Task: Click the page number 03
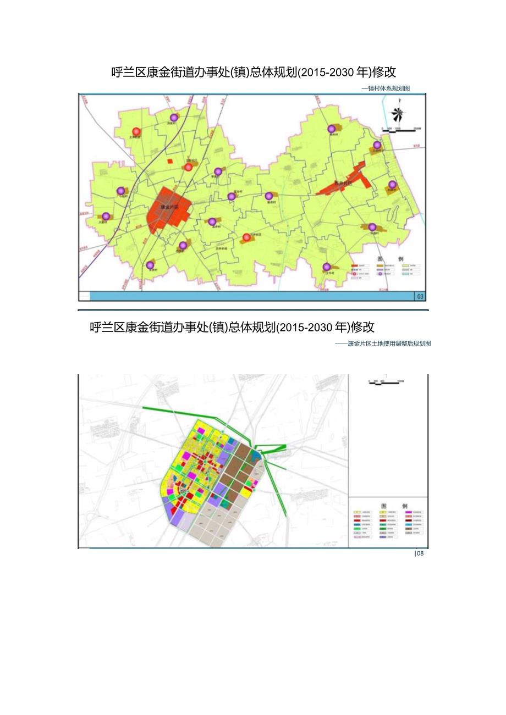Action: pos(421,297)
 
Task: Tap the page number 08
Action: pos(420,553)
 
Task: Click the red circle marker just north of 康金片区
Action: pos(188,167)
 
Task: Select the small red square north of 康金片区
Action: pos(170,162)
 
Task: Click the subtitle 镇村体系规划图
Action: pos(388,88)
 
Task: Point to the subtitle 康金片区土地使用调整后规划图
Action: pos(389,343)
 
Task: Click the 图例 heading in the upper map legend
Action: pos(384,258)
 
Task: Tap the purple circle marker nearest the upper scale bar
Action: pos(377,145)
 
